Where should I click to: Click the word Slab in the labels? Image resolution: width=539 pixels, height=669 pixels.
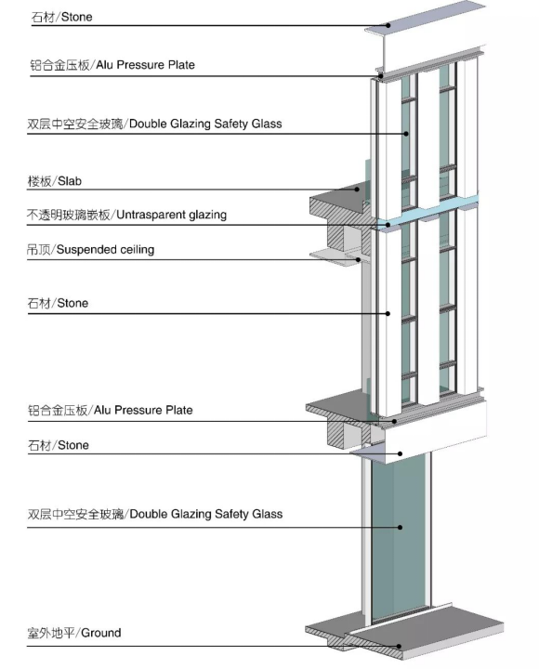tap(70, 181)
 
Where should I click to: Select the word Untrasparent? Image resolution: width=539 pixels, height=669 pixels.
tap(151, 215)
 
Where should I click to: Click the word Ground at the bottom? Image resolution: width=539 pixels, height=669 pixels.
tap(100, 633)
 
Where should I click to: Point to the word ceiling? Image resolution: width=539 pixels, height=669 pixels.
tap(137, 250)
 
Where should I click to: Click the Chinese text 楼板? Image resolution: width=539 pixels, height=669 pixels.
tap(40, 181)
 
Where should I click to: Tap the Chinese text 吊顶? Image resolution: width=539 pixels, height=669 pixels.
tap(38, 250)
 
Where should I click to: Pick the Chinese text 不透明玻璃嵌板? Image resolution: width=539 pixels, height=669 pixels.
tap(68, 215)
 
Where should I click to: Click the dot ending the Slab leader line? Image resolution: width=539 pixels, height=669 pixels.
tap(358, 190)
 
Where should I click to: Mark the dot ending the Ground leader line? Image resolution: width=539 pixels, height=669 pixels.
tap(400, 646)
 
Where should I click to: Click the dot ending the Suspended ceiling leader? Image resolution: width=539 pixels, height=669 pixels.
tap(359, 259)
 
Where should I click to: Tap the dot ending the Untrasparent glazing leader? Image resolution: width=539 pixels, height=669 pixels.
tap(388, 225)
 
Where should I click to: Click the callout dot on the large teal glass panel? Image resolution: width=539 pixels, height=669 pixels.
tap(400, 528)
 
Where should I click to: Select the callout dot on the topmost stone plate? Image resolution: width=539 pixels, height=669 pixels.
tap(388, 25)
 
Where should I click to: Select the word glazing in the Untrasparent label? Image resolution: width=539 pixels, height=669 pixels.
tap(208, 215)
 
